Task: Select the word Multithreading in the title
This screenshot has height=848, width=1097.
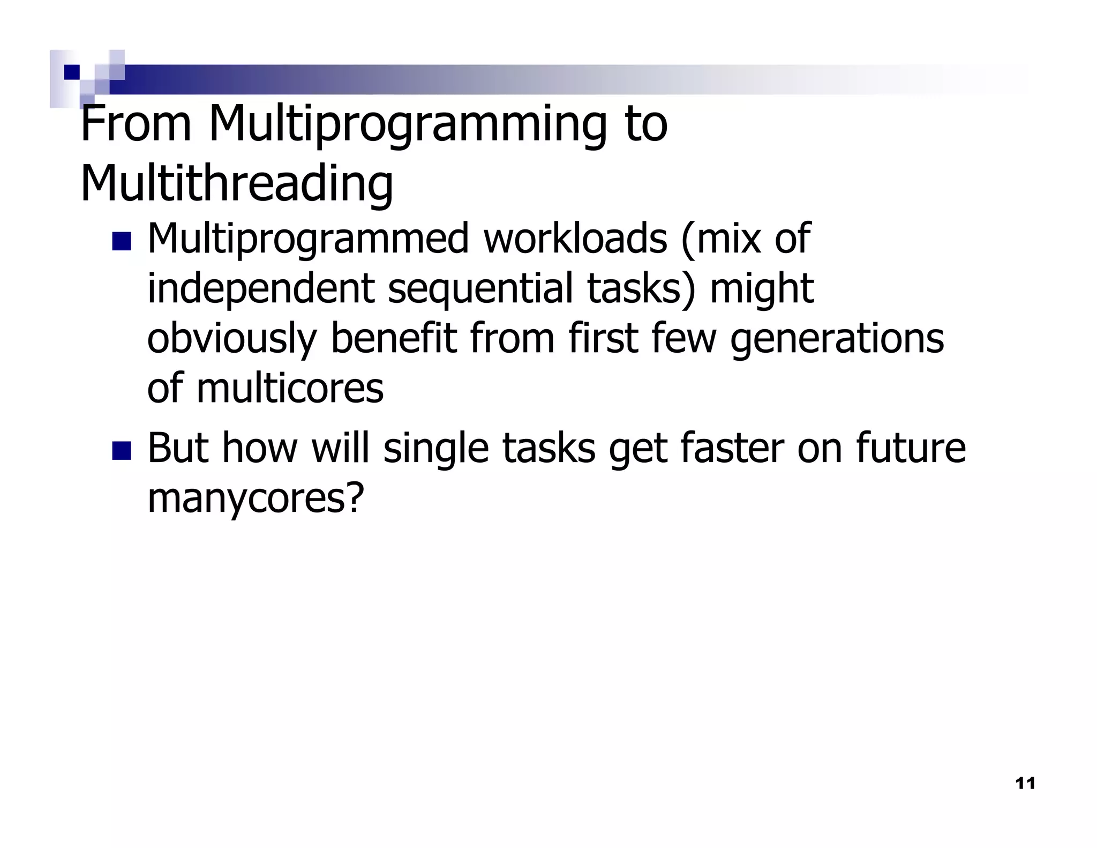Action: pos(237,183)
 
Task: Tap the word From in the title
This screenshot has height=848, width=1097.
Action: pos(136,124)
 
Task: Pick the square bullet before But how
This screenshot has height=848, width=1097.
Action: pos(122,450)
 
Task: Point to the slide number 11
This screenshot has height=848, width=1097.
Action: pos(1025,784)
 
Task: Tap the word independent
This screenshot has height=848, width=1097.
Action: pos(260,288)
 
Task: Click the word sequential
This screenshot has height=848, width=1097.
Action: pos(480,288)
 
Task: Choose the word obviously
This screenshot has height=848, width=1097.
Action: pos(231,339)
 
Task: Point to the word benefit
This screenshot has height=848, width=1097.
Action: pos(394,339)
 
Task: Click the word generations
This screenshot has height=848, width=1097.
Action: pos(837,339)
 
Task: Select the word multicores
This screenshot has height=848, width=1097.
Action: pos(290,388)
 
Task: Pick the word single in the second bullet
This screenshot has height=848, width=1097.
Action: pos(436,449)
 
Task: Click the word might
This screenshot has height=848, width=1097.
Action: pos(761,289)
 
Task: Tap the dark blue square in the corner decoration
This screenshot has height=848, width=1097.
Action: pos(71,72)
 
